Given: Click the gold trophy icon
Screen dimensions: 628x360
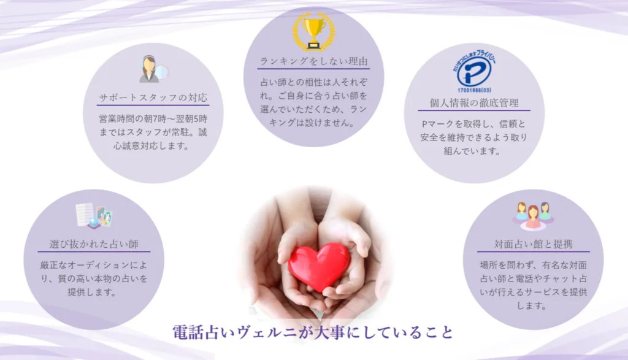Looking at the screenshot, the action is [x=313, y=33].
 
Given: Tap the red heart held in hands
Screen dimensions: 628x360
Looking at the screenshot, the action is [x=319, y=266].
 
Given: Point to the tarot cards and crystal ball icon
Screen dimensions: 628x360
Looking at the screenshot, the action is [x=94, y=216].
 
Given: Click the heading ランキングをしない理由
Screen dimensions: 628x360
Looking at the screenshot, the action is [x=313, y=61].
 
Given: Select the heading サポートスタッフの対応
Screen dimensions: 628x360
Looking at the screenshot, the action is [x=153, y=98].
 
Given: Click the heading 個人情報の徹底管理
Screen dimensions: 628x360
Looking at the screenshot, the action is [x=474, y=103].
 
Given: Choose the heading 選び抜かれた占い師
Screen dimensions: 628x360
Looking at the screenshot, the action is [x=94, y=244].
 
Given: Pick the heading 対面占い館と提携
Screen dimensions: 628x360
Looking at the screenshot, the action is [x=533, y=244].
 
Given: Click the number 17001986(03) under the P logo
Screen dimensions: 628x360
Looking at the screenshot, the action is [x=474, y=90].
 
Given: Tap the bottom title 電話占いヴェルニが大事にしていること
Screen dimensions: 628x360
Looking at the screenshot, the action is [x=313, y=332].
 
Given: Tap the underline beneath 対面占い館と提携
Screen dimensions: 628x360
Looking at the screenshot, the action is [x=533, y=252].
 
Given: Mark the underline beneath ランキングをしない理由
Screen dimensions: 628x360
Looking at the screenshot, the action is [x=313, y=69].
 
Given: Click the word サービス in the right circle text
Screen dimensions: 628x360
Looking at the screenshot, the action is [x=548, y=293].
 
